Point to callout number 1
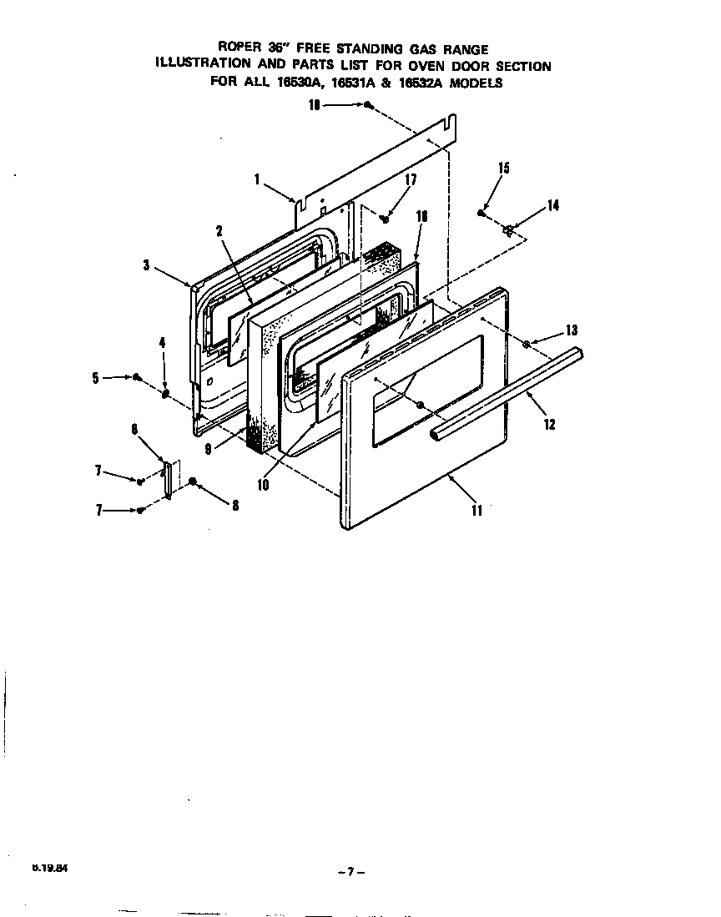coord(258,179)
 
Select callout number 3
coord(146,265)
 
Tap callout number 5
coord(97,377)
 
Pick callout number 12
coord(548,423)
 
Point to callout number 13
coord(571,330)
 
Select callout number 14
coord(553,206)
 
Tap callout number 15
coord(503,169)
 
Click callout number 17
coord(411,179)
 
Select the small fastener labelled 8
coord(193,481)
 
